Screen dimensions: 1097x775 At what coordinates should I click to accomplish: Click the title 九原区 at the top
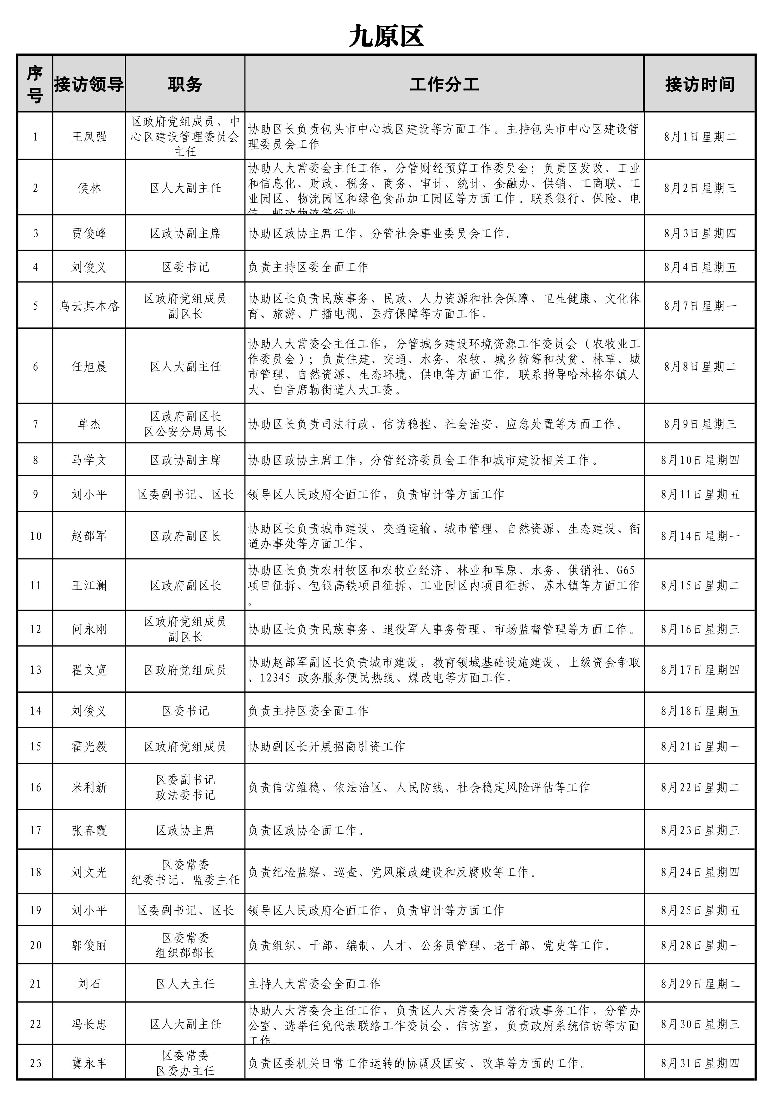pos(386,36)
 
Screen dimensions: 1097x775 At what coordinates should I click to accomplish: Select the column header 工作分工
pos(444,84)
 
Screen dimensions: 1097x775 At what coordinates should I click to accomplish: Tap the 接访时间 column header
pos(700,84)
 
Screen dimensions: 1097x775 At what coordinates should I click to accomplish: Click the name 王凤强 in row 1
pos(89,137)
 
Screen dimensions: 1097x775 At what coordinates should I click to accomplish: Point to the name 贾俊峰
pos(89,234)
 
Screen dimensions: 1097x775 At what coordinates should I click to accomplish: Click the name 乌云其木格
pos(89,306)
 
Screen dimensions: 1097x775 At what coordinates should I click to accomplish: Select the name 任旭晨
pos(89,367)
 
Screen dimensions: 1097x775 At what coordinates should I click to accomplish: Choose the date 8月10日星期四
pos(700,460)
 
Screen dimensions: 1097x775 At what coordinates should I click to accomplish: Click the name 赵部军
pos(89,536)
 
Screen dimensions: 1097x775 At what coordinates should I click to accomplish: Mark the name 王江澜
pos(89,586)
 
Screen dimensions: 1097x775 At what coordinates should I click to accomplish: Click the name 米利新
pos(89,788)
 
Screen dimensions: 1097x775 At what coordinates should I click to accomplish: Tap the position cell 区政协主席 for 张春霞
pos(185,830)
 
